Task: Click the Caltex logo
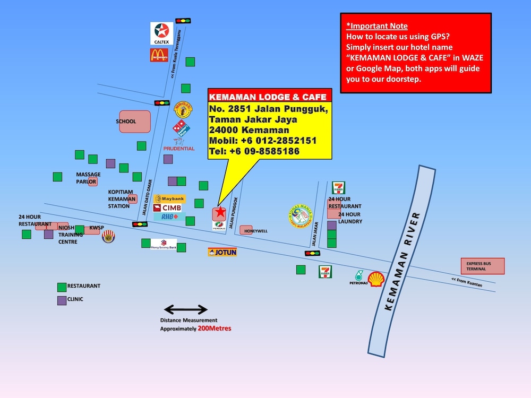161,33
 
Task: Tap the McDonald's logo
159,55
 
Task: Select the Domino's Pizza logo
181,128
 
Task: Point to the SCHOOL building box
135,122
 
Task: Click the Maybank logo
169,199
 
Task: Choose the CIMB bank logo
169,207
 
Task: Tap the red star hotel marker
219,213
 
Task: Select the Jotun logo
222,252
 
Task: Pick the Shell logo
376,279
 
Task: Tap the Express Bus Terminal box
482,266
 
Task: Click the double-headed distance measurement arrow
185,309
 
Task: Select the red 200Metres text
214,328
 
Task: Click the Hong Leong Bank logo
163,244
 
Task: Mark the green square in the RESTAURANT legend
62,287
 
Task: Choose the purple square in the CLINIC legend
62,300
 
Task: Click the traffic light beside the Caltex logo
183,21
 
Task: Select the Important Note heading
377,26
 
